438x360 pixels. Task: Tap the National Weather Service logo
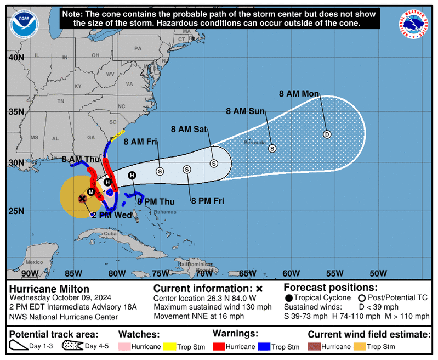click(x=413, y=24)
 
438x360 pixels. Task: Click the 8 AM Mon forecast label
click(x=299, y=94)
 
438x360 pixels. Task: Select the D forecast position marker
click(x=327, y=134)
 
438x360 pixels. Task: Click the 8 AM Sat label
click(x=189, y=130)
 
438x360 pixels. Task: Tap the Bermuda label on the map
click(x=254, y=143)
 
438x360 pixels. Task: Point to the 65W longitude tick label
click(x=248, y=273)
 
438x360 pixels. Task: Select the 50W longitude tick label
click(x=378, y=273)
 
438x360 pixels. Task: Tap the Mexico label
click(x=34, y=262)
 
